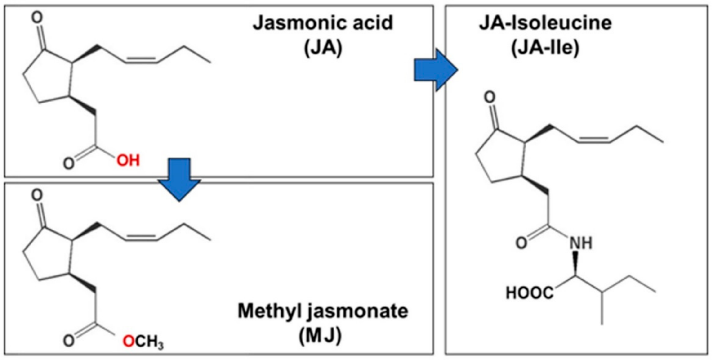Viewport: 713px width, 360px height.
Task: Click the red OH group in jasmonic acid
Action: (x=128, y=160)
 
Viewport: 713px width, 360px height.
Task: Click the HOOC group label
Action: (x=530, y=293)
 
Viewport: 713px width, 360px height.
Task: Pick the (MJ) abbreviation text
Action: (x=320, y=335)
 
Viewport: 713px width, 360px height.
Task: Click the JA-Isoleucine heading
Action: (x=545, y=23)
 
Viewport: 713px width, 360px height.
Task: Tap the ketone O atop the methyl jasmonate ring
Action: (x=37, y=195)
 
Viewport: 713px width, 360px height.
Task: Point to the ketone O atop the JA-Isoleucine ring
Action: (x=489, y=98)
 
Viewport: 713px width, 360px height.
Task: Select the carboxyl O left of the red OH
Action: (x=69, y=163)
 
